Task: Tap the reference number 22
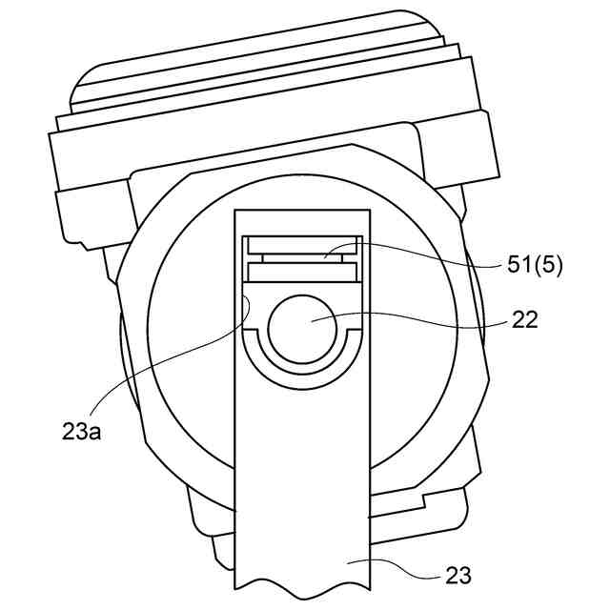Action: coord(525,320)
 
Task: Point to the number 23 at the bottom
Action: coord(457,576)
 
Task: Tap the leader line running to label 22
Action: coord(419,318)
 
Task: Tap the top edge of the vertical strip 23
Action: coord(301,210)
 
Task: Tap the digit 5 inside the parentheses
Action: coord(548,265)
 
